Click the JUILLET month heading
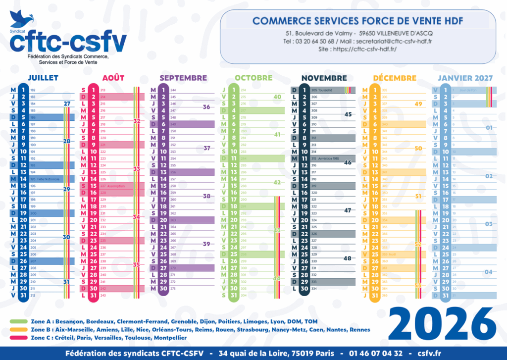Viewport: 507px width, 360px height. click(x=43, y=78)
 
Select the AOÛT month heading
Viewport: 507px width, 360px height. click(x=113, y=78)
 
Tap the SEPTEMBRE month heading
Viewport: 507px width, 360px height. click(x=183, y=78)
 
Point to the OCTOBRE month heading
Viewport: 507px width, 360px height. click(x=253, y=78)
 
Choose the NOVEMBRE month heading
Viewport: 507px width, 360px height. click(x=324, y=78)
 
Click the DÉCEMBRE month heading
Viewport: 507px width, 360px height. click(x=395, y=78)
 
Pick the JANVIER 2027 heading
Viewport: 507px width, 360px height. click(x=465, y=78)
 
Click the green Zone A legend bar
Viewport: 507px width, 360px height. click(x=19, y=321)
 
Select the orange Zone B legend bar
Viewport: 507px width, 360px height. click(x=19, y=329)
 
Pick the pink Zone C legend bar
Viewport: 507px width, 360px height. click(x=19, y=338)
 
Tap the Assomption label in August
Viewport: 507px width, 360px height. click(x=112, y=186)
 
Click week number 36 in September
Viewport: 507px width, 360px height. click(x=206, y=106)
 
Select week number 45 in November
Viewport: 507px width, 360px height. click(x=348, y=114)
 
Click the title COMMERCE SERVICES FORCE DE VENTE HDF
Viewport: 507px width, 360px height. click(x=358, y=21)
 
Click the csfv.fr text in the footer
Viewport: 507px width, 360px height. click(x=429, y=353)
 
